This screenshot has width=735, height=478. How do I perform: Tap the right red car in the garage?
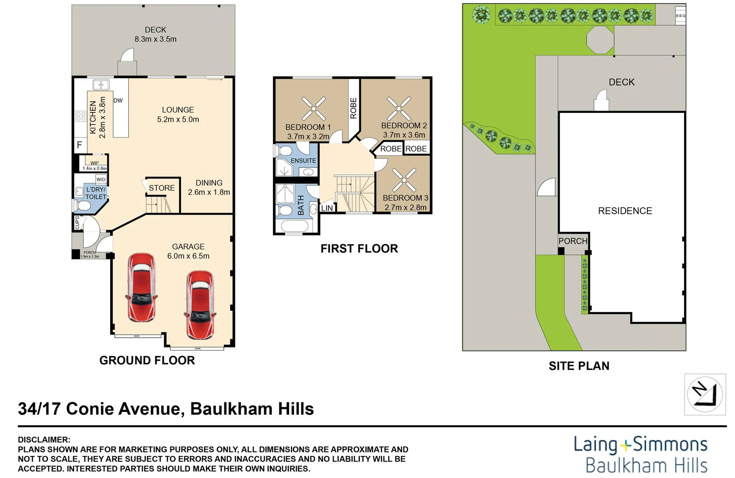click(200, 305)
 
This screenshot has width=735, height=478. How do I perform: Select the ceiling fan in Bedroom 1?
click(314, 108)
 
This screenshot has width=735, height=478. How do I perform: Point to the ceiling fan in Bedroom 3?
click(404, 180)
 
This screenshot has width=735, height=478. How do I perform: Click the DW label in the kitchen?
click(118, 100)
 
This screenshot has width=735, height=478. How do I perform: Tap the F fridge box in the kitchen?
click(80, 145)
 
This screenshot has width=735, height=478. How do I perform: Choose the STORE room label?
click(162, 188)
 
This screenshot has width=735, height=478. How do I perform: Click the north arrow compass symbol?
click(704, 394)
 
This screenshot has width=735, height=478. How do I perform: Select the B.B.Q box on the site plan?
click(680, 15)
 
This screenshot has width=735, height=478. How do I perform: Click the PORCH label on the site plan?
click(573, 241)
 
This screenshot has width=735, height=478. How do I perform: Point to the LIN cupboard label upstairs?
click(327, 208)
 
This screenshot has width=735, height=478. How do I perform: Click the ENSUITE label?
click(304, 161)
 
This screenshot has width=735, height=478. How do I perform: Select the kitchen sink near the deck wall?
click(101, 85)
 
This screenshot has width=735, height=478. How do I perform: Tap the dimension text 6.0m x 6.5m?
click(188, 256)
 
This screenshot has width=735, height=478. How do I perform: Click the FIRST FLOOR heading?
click(359, 249)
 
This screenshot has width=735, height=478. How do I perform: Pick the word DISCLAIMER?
click(44, 439)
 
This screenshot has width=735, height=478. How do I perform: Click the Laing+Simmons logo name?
click(640, 444)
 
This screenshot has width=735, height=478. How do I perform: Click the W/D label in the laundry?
click(101, 179)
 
